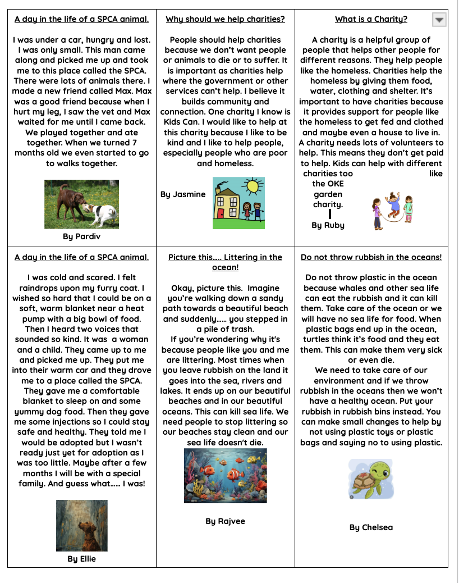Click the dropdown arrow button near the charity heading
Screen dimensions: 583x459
coord(439,20)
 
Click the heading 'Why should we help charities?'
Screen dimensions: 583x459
coord(225,19)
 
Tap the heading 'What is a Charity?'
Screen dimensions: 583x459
coord(371,19)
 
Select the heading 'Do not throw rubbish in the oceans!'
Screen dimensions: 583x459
coord(371,257)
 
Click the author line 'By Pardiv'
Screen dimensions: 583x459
coord(81,236)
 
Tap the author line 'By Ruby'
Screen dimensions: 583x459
coord(328,225)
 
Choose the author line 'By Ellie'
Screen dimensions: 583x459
coord(81,559)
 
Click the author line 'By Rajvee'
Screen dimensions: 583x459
coord(225,521)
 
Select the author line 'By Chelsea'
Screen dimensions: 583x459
coord(371,527)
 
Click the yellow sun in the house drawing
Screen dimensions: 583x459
coord(254,185)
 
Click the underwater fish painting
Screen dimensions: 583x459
coord(225,475)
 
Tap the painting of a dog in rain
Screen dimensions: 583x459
coord(81,526)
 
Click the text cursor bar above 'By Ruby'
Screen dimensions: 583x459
coord(330,214)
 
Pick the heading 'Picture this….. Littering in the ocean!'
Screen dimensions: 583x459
coord(225,262)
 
